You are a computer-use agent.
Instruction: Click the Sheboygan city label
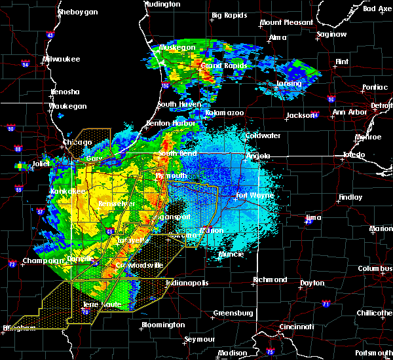(78, 12)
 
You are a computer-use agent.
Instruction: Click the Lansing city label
(288, 84)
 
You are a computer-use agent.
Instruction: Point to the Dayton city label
(311, 283)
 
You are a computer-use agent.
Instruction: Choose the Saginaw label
(331, 34)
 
